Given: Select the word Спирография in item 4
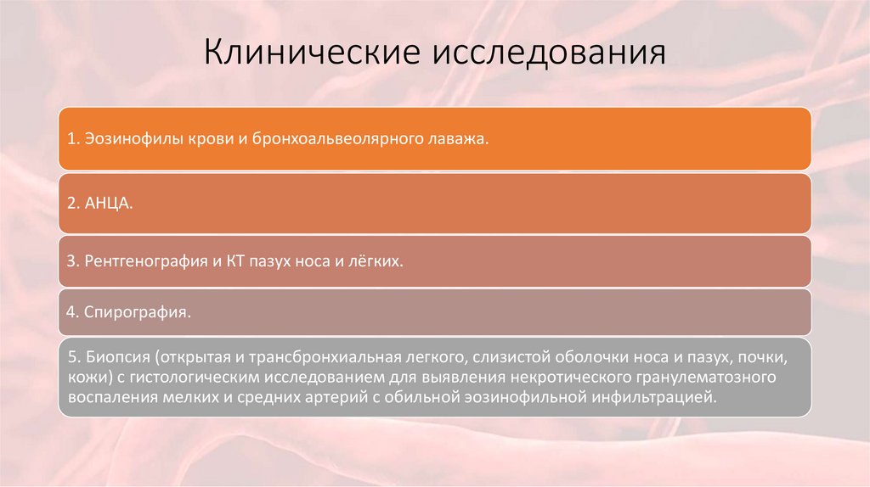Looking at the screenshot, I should click(x=138, y=311).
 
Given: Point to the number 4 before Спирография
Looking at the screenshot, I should click(x=71, y=311).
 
